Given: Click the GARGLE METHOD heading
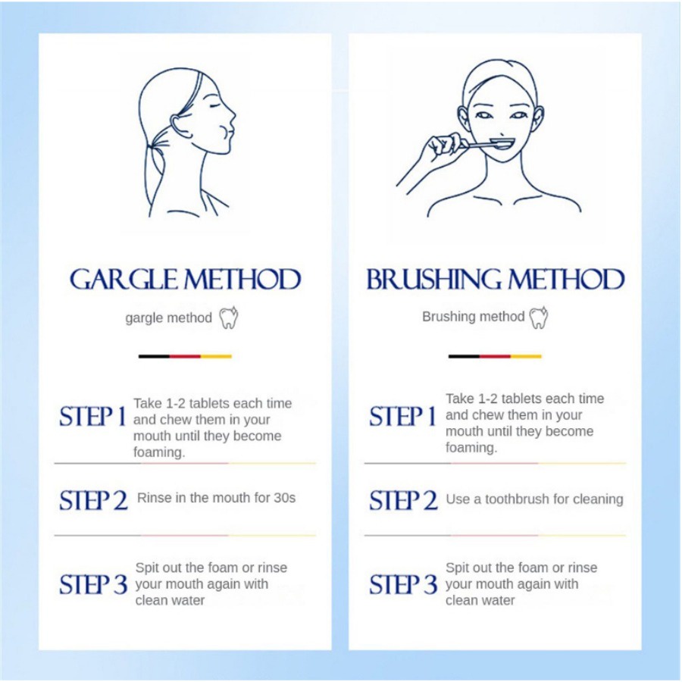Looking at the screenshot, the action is (x=186, y=279).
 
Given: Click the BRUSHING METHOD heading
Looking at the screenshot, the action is (x=496, y=279).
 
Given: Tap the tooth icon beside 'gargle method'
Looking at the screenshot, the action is (x=228, y=318).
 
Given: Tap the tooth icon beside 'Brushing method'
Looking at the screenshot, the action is (x=539, y=317).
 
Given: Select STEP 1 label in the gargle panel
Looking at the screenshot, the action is (x=92, y=417).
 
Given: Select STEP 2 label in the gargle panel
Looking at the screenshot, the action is (x=93, y=500).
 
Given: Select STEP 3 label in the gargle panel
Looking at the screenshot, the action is (x=93, y=584).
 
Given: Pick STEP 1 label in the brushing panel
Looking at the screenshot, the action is (x=403, y=417).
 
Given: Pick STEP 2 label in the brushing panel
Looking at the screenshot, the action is (x=404, y=500).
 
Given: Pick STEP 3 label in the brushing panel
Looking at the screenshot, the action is (x=404, y=584).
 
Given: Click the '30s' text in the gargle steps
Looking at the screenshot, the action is (x=284, y=498).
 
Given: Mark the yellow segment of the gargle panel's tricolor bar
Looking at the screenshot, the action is (x=216, y=356).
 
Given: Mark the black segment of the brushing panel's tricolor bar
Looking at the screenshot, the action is (x=464, y=356).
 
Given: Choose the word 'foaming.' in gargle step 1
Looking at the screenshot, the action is (x=159, y=452).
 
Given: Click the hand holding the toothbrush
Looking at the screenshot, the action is (x=440, y=149).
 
